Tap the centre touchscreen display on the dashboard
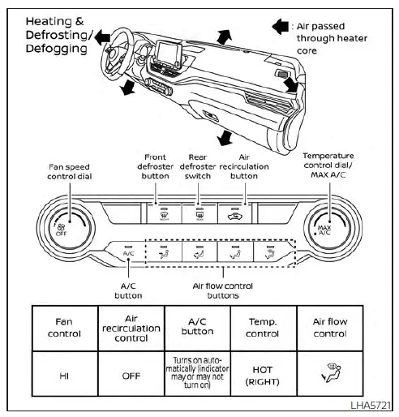[x=169, y=54]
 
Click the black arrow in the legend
[x=281, y=27]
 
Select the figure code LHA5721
[x=371, y=405]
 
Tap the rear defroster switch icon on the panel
[x=199, y=215]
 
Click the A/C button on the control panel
[x=128, y=251]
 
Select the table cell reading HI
[x=65, y=374]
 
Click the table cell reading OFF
[x=131, y=374]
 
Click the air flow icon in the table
[x=332, y=373]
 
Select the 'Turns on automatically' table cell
[x=198, y=374]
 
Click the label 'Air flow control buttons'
[x=223, y=290]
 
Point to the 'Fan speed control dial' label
[x=70, y=172]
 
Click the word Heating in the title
[x=49, y=21]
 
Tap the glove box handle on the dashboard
[x=210, y=116]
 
